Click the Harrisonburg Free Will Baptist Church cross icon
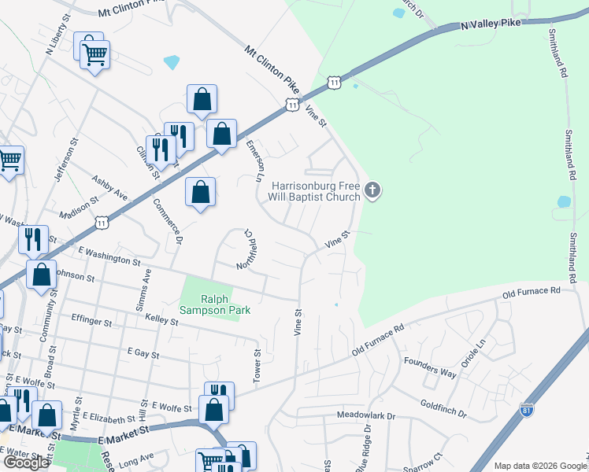coord(373,190)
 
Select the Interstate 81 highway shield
coord(527,410)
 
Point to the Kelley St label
coord(162,322)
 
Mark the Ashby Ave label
coord(109,187)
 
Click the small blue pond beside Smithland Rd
coord(564,202)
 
